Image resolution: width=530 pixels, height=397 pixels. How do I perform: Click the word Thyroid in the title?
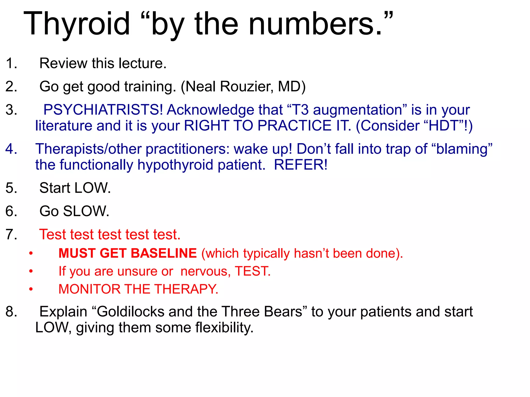tap(77, 24)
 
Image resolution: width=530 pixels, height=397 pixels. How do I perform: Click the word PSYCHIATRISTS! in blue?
tap(103, 110)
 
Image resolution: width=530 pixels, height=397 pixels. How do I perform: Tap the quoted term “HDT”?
tap(444, 126)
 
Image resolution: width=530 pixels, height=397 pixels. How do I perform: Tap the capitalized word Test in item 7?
tap(53, 234)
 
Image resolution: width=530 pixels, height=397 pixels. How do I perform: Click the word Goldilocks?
tap(131, 311)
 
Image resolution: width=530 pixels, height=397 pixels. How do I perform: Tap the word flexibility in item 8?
tap(224, 327)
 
